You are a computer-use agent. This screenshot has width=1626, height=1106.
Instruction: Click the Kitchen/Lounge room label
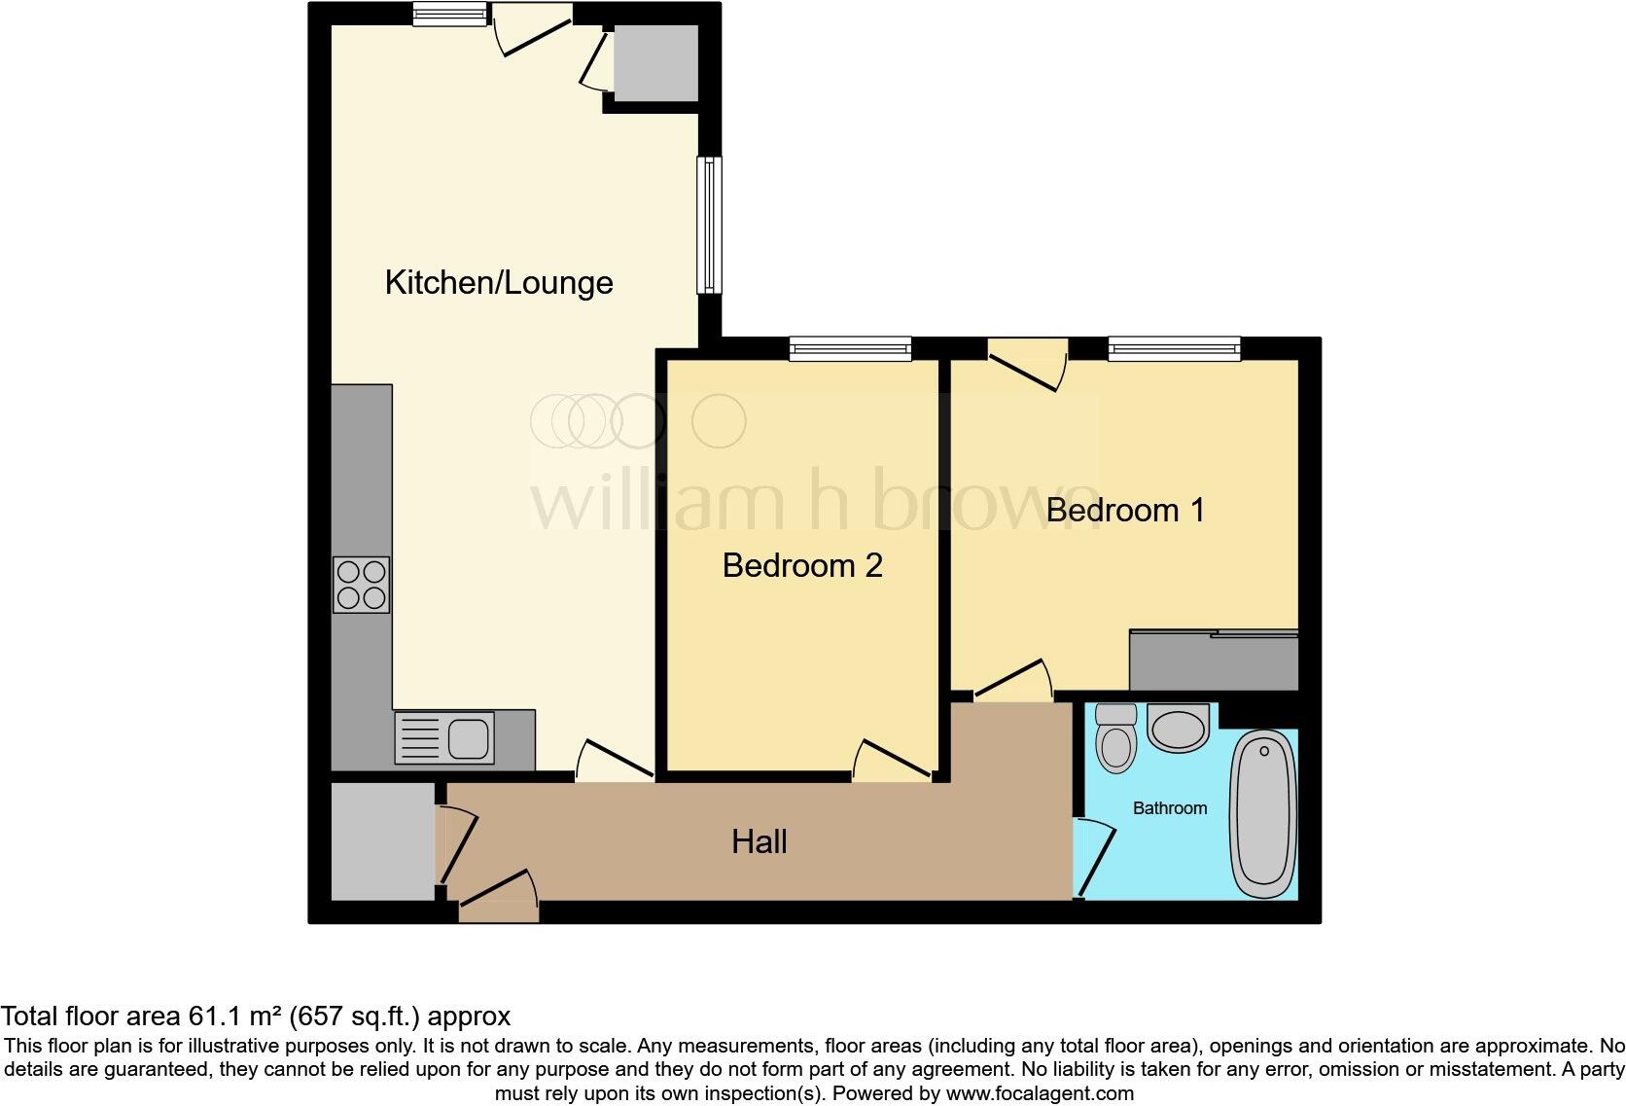coord(499,283)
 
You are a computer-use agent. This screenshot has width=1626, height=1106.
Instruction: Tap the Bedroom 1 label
coord(1125,510)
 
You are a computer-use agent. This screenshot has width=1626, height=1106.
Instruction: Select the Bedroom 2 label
coord(802,565)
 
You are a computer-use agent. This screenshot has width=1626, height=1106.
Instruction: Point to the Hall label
coord(760,841)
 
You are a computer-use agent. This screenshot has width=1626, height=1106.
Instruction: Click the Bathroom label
coord(1170,808)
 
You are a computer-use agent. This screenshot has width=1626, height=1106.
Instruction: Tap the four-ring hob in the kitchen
coord(362,585)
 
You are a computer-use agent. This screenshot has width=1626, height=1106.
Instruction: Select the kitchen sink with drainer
coord(444,736)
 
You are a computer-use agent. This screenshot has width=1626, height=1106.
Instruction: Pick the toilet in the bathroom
coord(1115,737)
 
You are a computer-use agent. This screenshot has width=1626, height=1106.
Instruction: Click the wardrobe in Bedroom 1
coord(1214,661)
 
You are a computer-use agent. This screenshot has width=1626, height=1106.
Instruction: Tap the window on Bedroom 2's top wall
coord(850,348)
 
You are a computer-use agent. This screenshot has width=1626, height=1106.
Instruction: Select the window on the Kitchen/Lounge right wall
coord(710,225)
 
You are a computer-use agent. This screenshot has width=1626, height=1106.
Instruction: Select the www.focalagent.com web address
coord(1039,1092)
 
